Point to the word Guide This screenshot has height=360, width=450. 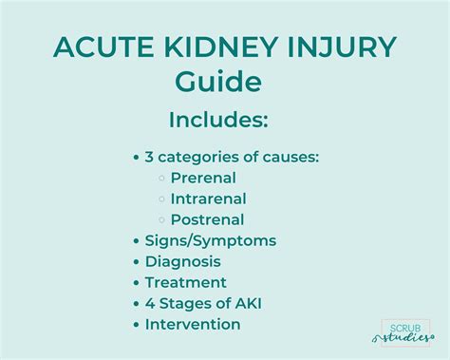[218, 82]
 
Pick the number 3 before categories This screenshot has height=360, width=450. [150, 157]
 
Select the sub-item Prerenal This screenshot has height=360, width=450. [203, 178]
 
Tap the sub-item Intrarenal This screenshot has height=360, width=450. [208, 199]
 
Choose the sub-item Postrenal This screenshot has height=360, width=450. [206, 219]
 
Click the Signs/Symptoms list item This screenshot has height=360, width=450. [211, 240]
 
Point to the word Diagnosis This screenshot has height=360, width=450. [183, 261]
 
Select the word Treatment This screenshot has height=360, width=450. [186, 282]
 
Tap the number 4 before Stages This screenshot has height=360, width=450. [150, 303]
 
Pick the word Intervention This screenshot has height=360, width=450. [193, 324]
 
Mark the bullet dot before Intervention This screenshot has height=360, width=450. [137, 325]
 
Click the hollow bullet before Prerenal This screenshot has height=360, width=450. [163, 179]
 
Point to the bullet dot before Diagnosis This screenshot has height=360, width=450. [137, 262]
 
